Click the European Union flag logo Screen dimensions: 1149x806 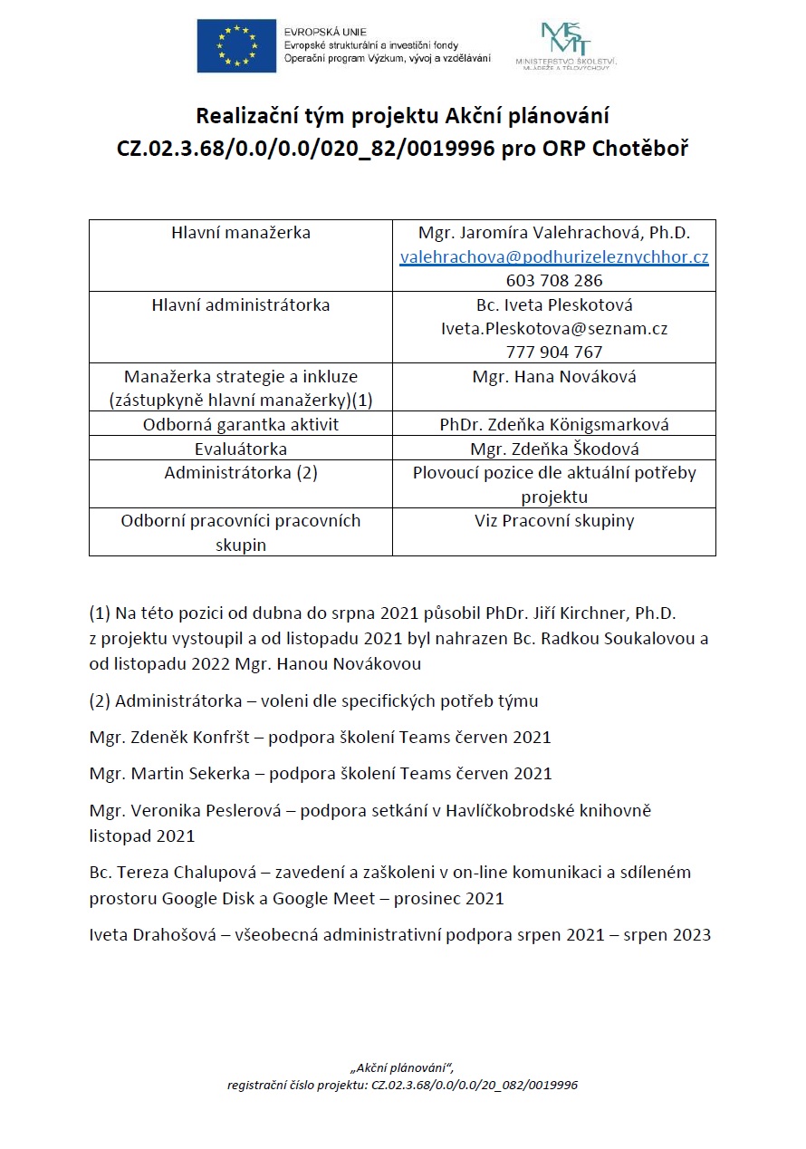click(x=236, y=45)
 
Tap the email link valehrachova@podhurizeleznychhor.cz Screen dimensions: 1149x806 click(x=554, y=257)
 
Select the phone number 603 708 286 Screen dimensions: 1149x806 click(x=554, y=281)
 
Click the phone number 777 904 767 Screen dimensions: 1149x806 click(x=554, y=352)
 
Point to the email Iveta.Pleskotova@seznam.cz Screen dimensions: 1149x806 click(x=554, y=329)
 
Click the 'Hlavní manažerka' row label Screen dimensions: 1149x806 click(x=241, y=233)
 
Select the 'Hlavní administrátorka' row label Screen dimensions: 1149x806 click(x=241, y=305)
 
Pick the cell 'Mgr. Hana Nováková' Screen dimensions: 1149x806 click(x=554, y=377)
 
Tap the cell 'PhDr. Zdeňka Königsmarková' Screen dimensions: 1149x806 click(x=554, y=424)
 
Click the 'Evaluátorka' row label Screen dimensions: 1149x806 click(x=241, y=449)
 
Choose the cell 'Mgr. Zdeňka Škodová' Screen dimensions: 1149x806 click(x=554, y=449)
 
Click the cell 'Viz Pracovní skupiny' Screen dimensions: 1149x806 click(x=554, y=521)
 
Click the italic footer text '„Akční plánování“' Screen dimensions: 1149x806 click(x=401, y=1067)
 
